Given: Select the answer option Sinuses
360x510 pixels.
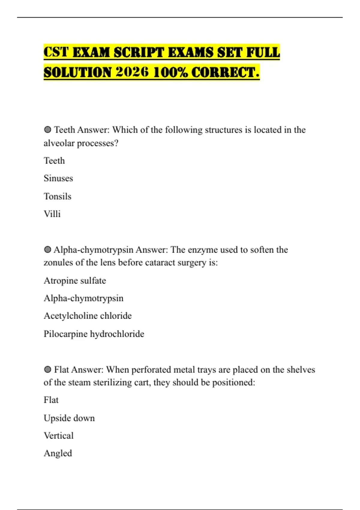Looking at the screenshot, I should pyautogui.click(x=58, y=178).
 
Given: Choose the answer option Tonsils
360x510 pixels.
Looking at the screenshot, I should pyautogui.click(x=57, y=196).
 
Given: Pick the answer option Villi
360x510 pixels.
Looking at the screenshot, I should pyautogui.click(x=52, y=214).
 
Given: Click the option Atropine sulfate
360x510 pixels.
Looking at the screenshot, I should pyautogui.click(x=75, y=280).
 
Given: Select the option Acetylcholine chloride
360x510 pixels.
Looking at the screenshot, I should pyautogui.click(x=88, y=316).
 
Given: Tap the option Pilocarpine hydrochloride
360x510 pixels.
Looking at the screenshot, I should pyautogui.click(x=94, y=334).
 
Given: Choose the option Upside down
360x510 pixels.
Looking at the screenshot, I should pyautogui.click(x=69, y=418).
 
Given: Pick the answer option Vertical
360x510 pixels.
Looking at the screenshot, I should pyautogui.click(x=58, y=435).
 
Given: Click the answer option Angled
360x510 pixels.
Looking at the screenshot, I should pyautogui.click(x=58, y=453).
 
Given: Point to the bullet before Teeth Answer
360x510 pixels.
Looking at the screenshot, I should pyautogui.click(x=47, y=130).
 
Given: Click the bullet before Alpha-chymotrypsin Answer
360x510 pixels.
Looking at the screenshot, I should pyautogui.click(x=47, y=250).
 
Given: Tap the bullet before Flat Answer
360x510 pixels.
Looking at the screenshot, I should pyautogui.click(x=47, y=370).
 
